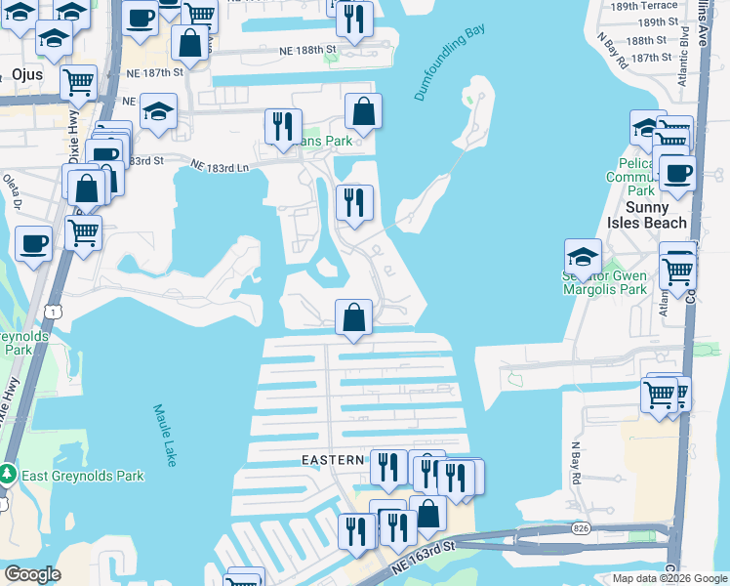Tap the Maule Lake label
coord(164,435)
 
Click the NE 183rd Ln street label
coord(220,167)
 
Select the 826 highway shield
coord(583,528)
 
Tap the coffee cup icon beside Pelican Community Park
coord(677,173)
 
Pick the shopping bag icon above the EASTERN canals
coord(353,316)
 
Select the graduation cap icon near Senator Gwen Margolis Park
coord(583,256)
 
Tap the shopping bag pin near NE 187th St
coord(189,42)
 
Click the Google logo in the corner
coord(32,574)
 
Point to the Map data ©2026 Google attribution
coord(669,578)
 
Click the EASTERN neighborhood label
coord(331,458)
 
